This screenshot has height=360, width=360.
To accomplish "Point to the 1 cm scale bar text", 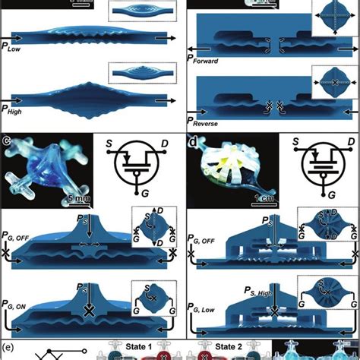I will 261,201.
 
